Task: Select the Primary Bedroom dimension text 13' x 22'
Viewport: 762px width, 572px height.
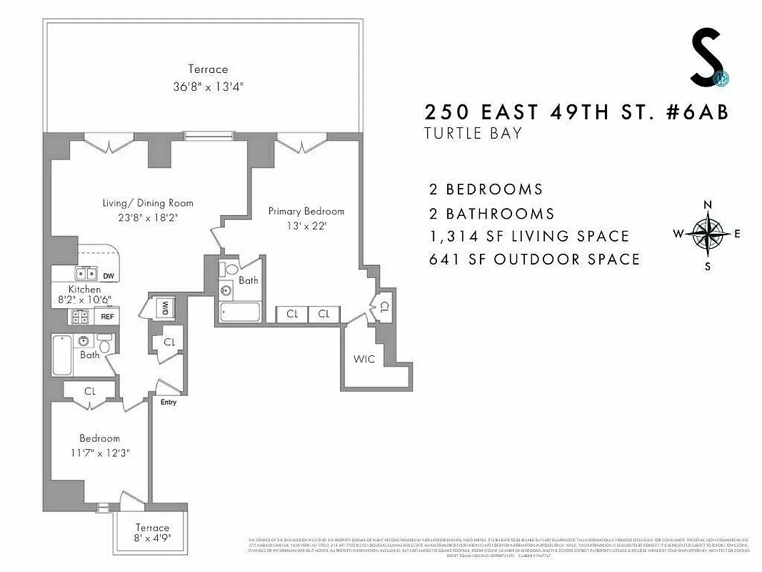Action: (306, 225)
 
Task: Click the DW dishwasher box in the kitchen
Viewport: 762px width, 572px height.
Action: (109, 276)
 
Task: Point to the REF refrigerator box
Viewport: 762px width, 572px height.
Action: (108, 315)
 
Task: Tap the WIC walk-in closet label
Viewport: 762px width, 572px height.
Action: (364, 358)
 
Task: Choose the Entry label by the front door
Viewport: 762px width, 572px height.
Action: (168, 402)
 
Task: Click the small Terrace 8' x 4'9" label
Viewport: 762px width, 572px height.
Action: (153, 533)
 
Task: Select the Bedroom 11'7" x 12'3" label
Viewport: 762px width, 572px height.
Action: (99, 445)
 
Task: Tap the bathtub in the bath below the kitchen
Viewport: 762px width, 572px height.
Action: (62, 355)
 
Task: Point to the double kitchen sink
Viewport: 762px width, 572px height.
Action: (86, 273)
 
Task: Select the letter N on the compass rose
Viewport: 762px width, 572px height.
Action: (708, 204)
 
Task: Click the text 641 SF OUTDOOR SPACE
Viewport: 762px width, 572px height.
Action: (534, 259)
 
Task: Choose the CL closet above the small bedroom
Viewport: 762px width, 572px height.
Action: (90, 391)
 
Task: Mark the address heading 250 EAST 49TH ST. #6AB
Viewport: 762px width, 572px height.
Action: (576, 112)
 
